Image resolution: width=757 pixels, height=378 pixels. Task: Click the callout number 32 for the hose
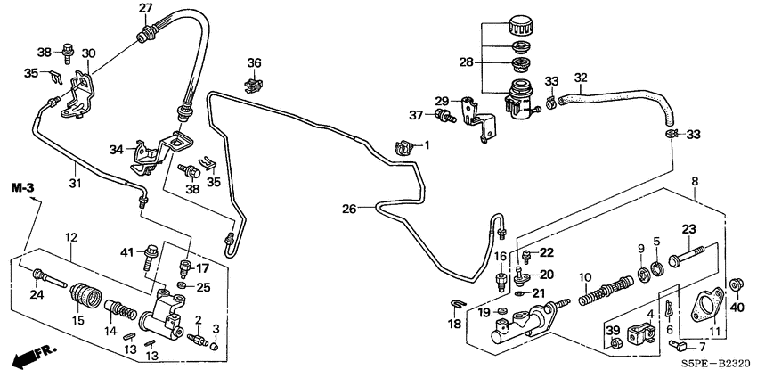(x=580, y=78)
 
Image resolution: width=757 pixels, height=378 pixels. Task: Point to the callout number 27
(x=145, y=9)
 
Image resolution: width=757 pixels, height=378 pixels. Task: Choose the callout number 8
(x=695, y=181)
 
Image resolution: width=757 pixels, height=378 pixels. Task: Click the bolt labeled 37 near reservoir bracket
(x=443, y=117)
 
